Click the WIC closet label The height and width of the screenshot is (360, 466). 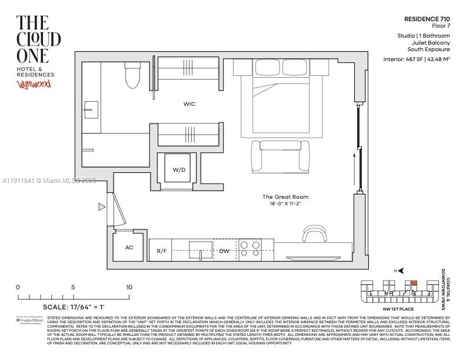pos(189,104)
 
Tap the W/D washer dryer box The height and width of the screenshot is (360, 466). pos(179,169)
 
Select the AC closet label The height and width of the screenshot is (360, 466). pos(129,248)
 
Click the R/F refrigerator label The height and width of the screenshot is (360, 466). pos(161,251)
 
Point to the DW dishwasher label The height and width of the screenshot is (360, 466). pos(224,251)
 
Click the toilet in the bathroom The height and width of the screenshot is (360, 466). pos(132,75)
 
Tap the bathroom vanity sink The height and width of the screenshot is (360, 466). pos(91,109)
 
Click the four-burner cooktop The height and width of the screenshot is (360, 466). pos(250,249)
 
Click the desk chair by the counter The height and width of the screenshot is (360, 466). pos(314,234)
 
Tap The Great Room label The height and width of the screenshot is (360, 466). pos(285,197)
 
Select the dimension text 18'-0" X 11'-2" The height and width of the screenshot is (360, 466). pos(285,204)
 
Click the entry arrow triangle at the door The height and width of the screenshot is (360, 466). pos(102,206)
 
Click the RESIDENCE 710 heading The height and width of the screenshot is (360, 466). pos(427,19)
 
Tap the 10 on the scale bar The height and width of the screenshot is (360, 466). pos(128,287)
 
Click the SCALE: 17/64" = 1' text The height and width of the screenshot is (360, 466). pos(74,306)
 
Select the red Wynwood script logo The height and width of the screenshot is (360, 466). pos(34,85)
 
